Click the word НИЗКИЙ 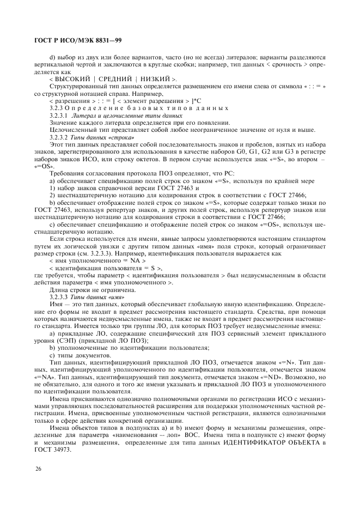click(x=155, y=80)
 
